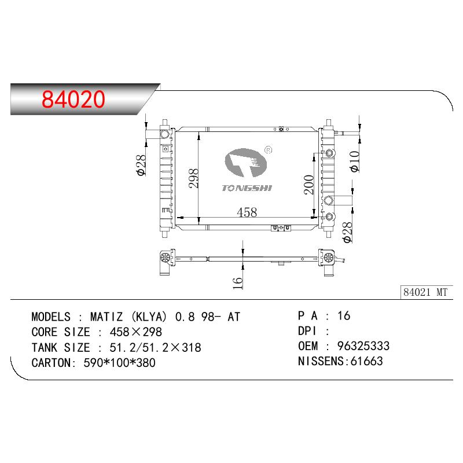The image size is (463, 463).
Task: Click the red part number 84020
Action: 74,99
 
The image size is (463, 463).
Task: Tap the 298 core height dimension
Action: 194,178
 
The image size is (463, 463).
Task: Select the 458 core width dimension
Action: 247,212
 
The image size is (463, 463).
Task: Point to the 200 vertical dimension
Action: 309,185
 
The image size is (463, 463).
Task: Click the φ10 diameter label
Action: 354,161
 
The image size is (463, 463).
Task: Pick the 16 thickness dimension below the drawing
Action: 238,283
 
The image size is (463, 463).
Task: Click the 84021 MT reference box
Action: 425,292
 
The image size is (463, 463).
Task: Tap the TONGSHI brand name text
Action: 247,188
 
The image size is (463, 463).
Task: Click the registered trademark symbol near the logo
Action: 269,150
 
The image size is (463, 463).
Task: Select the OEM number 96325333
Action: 363,346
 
